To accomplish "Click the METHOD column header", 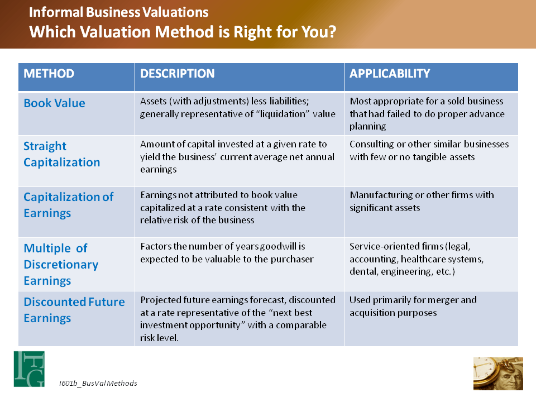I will (49, 74).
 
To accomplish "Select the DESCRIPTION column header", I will (177, 74).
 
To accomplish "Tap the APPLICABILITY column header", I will (390, 74).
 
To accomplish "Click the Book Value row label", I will (54, 103).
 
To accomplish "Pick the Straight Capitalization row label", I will (61, 155).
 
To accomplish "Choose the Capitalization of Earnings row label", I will (68, 205).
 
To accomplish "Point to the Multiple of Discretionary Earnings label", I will (61, 264).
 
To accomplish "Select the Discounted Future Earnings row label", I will (74, 310).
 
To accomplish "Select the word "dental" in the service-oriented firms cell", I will (363, 272).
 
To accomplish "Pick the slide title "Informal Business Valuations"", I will (119, 12).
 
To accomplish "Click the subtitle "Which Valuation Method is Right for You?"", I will (183, 31).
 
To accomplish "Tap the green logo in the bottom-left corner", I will (29, 368).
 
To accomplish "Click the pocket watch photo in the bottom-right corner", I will (498, 374).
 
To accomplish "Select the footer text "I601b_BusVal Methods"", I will (98, 383).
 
